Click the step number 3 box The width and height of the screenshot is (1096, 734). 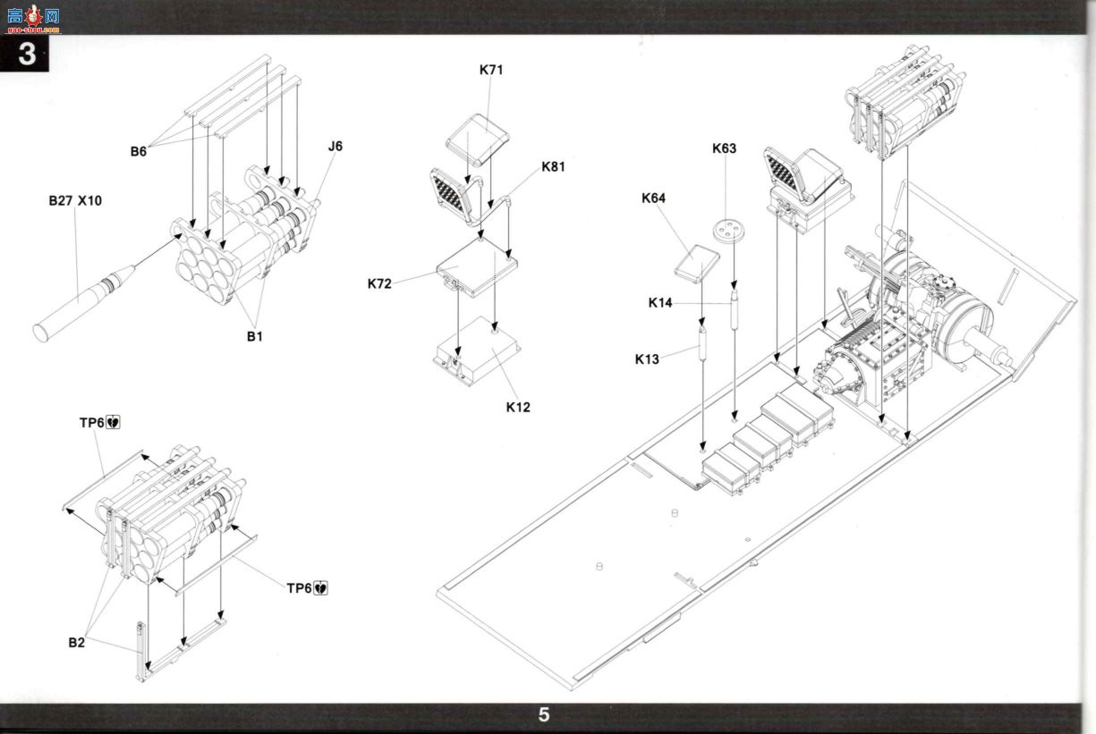click(24, 54)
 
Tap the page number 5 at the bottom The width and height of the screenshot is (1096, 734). click(544, 715)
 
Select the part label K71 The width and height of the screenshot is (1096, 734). click(491, 70)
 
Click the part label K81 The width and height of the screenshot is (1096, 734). click(553, 167)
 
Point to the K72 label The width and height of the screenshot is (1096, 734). click(379, 283)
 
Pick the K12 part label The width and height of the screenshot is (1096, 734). click(518, 407)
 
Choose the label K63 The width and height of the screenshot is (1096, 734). click(724, 148)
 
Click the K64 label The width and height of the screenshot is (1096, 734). click(653, 198)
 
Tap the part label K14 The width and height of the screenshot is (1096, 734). click(660, 303)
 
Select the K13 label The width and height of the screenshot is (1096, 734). click(647, 359)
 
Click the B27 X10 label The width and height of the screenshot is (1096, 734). click(75, 200)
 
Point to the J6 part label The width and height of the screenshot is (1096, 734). click(336, 147)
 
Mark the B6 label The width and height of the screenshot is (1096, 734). click(138, 152)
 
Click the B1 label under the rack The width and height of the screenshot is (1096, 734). click(254, 336)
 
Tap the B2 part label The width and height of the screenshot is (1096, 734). click(76, 643)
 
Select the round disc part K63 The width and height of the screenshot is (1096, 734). click(728, 232)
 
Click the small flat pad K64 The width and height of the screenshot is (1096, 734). click(697, 264)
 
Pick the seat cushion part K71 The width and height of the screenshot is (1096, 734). click(477, 140)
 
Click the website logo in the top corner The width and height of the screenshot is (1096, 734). click(33, 19)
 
